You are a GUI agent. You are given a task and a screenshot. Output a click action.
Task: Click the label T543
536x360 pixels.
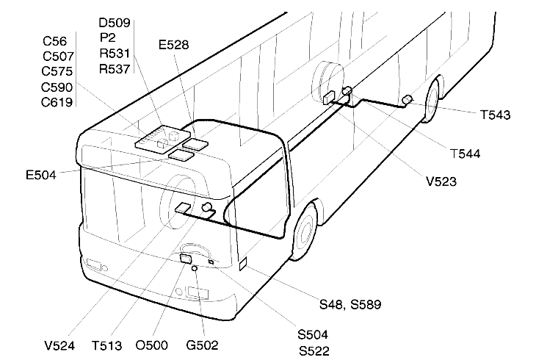click(495, 115)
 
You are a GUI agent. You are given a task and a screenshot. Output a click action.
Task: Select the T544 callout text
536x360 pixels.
click(465, 153)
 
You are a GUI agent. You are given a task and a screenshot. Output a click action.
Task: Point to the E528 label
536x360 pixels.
click(174, 45)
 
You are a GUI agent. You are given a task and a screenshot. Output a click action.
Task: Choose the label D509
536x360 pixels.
click(115, 23)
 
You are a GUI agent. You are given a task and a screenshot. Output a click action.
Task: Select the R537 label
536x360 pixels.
click(115, 71)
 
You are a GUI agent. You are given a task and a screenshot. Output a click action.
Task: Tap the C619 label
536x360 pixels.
click(57, 102)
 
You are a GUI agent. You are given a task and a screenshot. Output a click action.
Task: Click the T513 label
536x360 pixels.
click(108, 344)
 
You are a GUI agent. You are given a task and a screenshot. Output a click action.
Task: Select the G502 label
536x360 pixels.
click(202, 344)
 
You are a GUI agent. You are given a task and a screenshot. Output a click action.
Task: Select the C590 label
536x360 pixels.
click(57, 87)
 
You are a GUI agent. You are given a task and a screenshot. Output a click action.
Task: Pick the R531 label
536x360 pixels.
click(115, 54)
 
